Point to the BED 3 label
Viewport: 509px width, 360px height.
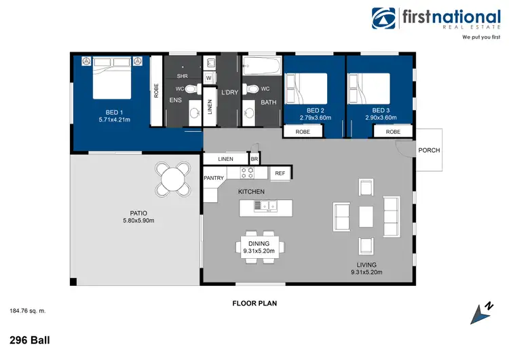pos(379,110)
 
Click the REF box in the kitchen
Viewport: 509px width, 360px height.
pos(279,173)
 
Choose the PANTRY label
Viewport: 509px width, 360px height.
pos(214,178)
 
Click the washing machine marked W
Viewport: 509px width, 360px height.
pos(209,77)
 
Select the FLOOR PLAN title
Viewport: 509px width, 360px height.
pos(253,304)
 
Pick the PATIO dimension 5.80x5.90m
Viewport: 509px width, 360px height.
pos(139,221)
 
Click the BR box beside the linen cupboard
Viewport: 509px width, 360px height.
pos(254,159)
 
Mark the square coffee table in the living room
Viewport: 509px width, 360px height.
pos(366,216)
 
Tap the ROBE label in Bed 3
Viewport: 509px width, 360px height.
pos(393,132)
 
